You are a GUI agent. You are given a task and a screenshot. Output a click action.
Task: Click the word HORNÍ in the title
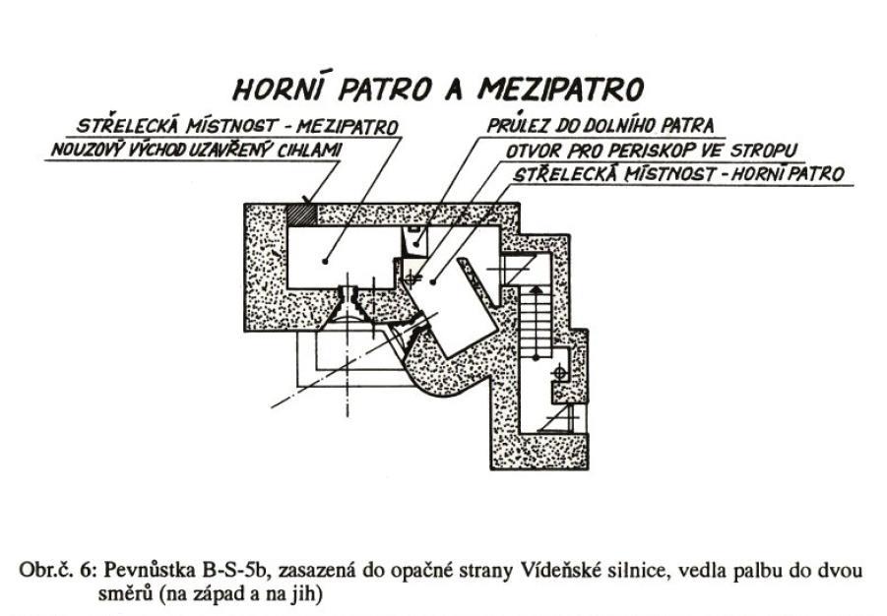click(x=279, y=89)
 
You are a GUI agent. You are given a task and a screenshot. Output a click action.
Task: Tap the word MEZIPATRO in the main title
click(x=560, y=89)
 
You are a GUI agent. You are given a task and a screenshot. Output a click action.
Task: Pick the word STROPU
click(x=763, y=151)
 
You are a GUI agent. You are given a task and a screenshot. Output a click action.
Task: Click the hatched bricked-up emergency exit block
click(x=300, y=215)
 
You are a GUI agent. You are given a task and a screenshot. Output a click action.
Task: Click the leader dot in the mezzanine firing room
click(x=325, y=261)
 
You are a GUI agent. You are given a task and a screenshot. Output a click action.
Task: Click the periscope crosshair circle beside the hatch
click(x=412, y=278)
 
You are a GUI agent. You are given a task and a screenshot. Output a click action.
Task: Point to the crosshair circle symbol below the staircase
click(x=559, y=373)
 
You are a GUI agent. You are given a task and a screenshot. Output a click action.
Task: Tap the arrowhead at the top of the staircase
click(x=536, y=289)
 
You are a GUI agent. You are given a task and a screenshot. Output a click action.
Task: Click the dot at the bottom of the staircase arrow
click(x=536, y=357)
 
